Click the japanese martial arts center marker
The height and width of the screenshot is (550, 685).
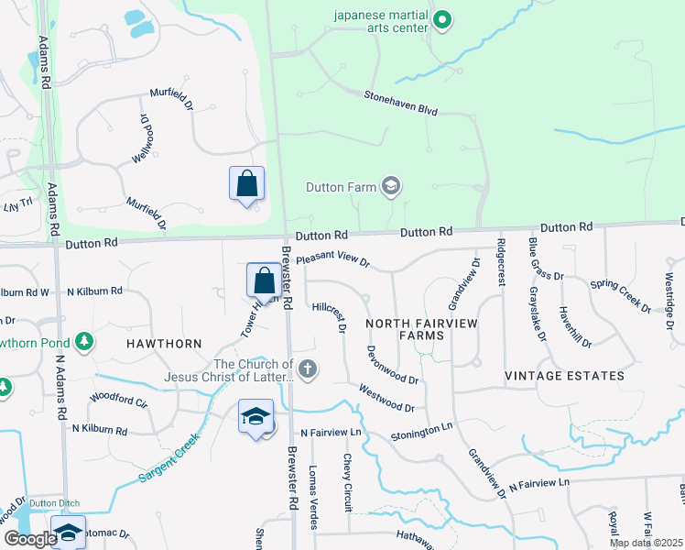tap(442, 19)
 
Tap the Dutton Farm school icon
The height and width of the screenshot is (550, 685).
tap(391, 187)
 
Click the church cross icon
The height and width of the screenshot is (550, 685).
tap(309, 370)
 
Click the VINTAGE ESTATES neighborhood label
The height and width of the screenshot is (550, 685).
tap(564, 376)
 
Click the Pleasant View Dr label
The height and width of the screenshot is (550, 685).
tap(332, 261)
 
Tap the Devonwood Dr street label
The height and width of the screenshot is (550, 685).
tap(392, 364)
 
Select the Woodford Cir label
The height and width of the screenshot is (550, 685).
tap(118, 400)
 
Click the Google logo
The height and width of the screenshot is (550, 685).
tap(29, 539)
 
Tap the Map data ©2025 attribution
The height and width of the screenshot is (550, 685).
tap(645, 543)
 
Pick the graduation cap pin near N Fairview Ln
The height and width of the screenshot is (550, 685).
tap(256, 417)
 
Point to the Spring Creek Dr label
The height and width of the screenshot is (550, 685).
tap(620, 296)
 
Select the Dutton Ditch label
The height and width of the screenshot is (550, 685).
tap(54, 503)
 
